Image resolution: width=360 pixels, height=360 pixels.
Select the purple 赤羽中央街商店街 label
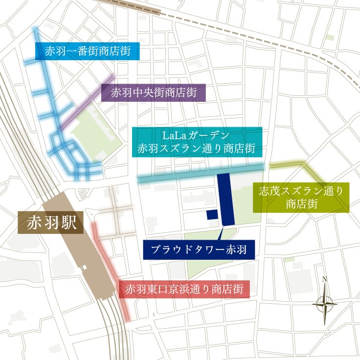click(x=154, y=92)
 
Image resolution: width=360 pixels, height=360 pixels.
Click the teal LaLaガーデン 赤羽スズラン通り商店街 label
click(x=199, y=142)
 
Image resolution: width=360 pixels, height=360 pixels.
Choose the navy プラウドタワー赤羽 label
click(x=199, y=250)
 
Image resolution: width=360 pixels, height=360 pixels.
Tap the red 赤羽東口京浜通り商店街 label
click(x=184, y=289)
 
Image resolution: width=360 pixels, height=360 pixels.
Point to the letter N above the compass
click(x=324, y=280)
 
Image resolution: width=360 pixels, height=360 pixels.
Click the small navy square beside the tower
click(x=212, y=214)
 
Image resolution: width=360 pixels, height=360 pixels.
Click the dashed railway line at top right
click(x=274, y=34)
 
